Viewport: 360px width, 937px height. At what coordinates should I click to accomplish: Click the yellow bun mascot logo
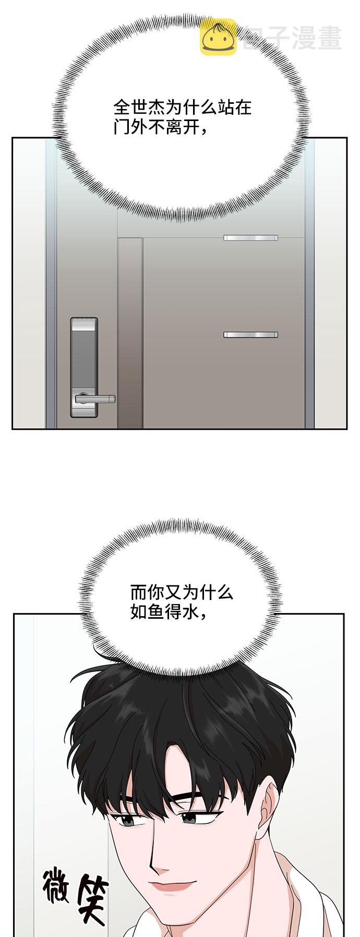click(x=218, y=37)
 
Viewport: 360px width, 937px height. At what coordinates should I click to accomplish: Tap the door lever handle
click(x=95, y=399)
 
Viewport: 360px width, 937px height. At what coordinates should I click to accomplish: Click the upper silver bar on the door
click(x=250, y=238)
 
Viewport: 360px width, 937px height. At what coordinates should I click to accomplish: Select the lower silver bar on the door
click(x=250, y=334)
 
